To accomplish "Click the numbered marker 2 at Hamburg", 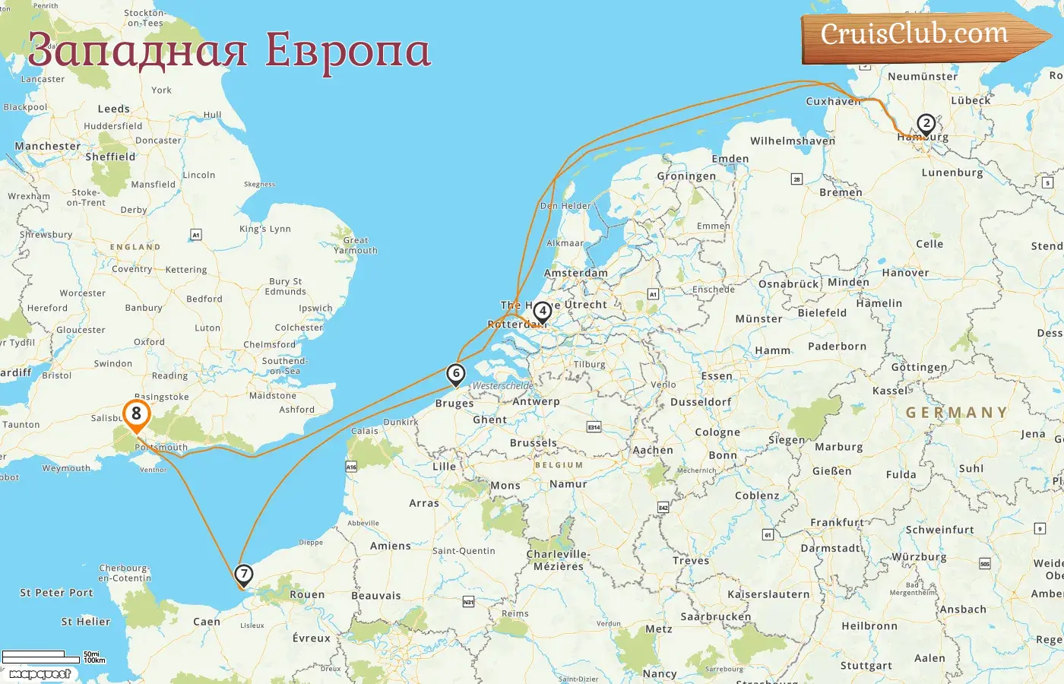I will point(926,123).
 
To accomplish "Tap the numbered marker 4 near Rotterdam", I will point(542,311).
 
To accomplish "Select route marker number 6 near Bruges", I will point(455,373).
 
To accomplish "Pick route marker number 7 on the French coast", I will point(243,574).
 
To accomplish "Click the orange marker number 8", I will point(136,414).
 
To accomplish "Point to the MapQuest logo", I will point(40,674).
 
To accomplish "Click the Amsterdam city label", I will point(575,273).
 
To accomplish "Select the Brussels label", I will point(534,442).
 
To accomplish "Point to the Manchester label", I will point(47,146).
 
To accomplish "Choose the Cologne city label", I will point(717,432).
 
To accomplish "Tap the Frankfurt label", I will point(837,522).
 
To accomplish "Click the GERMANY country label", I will point(956,413).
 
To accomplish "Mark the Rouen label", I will point(307,594).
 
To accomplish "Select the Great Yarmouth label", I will point(355,245).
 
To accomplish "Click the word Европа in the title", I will point(347,50).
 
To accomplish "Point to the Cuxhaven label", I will point(833,101).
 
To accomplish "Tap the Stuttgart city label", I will point(866,666).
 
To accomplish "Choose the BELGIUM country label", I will point(559,465).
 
